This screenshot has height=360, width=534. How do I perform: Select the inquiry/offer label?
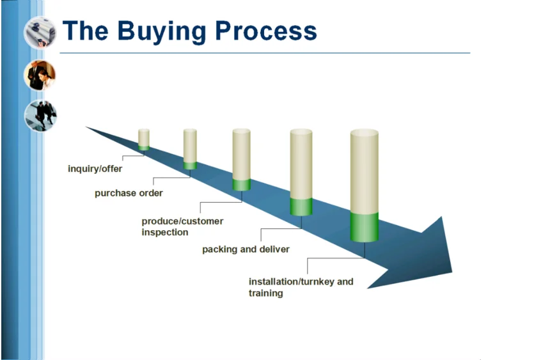(x=95, y=169)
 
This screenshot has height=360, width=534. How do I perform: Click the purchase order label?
(x=129, y=193)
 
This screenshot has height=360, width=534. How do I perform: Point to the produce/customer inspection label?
(x=182, y=226)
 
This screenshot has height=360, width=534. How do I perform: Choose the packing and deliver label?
(x=246, y=249)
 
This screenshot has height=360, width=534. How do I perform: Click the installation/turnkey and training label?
(x=300, y=287)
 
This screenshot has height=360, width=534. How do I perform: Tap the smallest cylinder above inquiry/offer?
(x=144, y=139)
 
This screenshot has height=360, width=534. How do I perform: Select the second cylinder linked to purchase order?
(x=190, y=147)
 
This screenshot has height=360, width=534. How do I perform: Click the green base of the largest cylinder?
(x=365, y=226)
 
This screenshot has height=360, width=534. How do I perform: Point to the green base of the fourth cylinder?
(x=301, y=206)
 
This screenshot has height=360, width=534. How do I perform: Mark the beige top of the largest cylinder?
(x=365, y=169)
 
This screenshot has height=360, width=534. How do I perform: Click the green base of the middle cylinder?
(x=241, y=184)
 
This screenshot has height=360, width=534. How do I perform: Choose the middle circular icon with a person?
(x=40, y=75)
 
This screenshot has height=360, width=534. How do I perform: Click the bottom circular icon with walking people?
(x=40, y=116)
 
